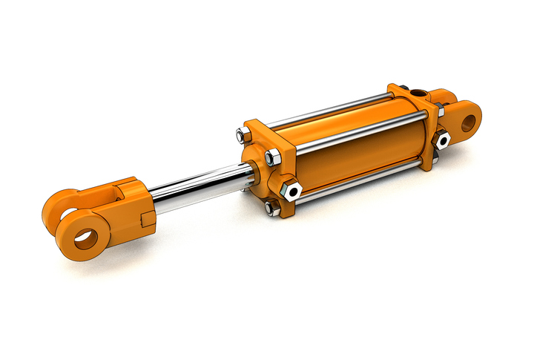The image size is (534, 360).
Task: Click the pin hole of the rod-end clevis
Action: point(85,239)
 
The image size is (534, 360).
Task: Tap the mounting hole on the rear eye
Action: point(468,121)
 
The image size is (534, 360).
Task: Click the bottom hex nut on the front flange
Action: point(273,209)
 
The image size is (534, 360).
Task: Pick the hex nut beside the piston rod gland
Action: point(271,157)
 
